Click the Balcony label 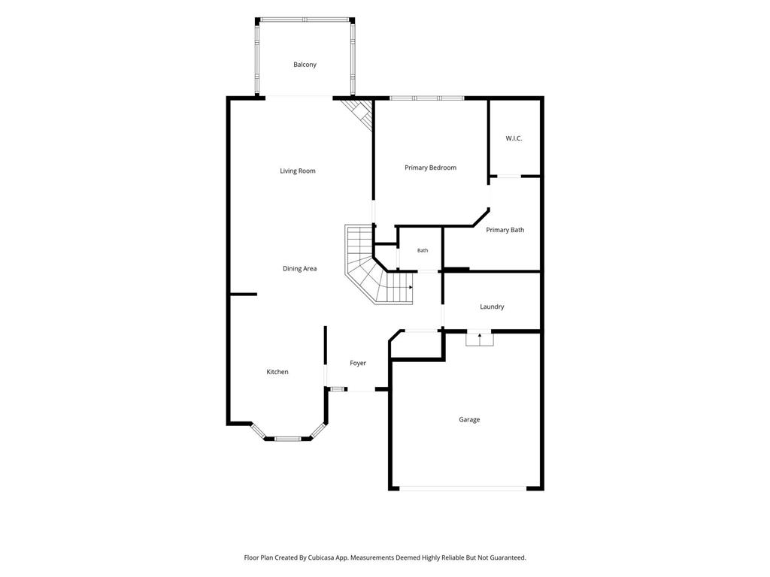(x=305, y=65)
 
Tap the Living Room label (x=298, y=171)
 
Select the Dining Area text (x=299, y=269)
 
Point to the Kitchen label (x=277, y=372)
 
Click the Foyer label (x=358, y=364)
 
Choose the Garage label (x=469, y=420)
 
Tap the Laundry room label (x=492, y=307)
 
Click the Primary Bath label (x=505, y=230)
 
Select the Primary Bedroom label (x=431, y=168)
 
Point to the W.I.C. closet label (x=514, y=138)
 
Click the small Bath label (x=423, y=251)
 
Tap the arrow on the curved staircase (x=411, y=288)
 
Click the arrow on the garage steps (x=480, y=336)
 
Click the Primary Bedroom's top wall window (x=427, y=98)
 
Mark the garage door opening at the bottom (x=463, y=488)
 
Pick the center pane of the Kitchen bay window (x=287, y=439)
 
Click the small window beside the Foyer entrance (x=337, y=390)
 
